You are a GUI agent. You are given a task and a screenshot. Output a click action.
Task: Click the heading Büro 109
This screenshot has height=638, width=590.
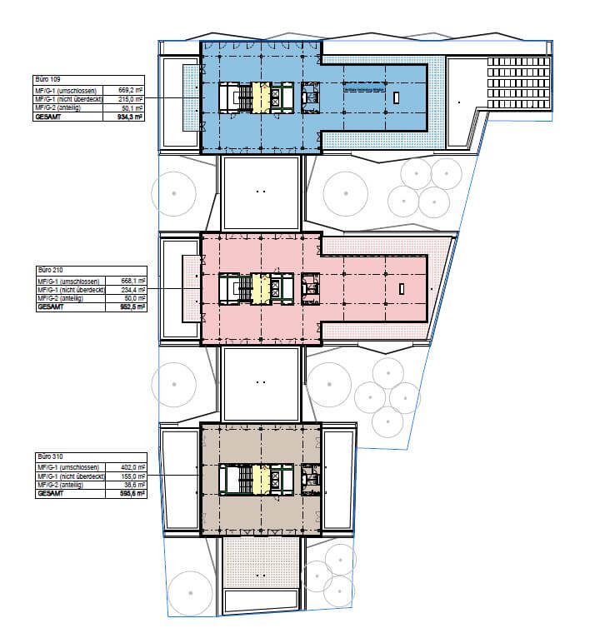click(x=48, y=78)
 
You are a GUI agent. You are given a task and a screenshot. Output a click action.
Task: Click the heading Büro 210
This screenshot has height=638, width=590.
click(x=48, y=271)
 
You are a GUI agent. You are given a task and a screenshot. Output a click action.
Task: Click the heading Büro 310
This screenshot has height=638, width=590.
click(x=48, y=457)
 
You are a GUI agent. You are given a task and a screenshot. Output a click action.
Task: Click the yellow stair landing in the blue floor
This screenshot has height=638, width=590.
click(x=260, y=97)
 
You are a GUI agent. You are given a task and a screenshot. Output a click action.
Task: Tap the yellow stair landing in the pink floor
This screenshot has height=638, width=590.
click(x=260, y=288)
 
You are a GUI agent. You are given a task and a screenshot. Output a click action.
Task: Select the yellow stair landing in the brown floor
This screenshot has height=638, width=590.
click(x=260, y=480)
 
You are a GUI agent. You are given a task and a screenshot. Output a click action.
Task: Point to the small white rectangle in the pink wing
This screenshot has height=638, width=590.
click(x=401, y=289)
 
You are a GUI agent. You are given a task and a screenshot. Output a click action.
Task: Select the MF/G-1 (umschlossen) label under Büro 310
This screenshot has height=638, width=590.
click(x=67, y=467)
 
